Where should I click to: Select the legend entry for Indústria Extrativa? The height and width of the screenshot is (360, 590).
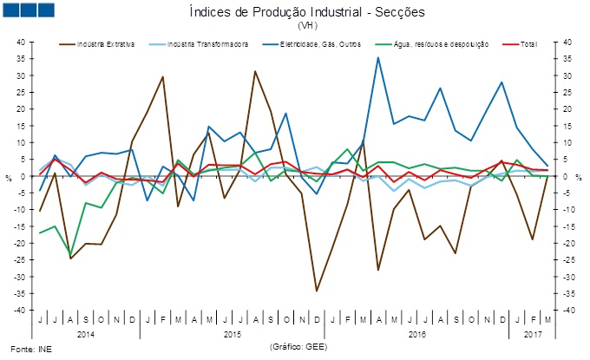pos(105,43)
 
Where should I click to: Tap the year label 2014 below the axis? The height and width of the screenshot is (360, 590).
pos(86,332)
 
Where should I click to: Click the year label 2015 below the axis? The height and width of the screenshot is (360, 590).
pos(231,332)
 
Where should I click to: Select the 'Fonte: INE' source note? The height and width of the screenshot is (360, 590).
pos(23,349)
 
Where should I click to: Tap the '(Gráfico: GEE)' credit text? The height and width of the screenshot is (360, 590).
pos(299,346)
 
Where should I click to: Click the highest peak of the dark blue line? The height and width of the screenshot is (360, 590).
pos(377,58)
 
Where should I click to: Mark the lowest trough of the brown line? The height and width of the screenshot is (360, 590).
pos(317,291)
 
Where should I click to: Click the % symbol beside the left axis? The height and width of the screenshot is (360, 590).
pos(10,177)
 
